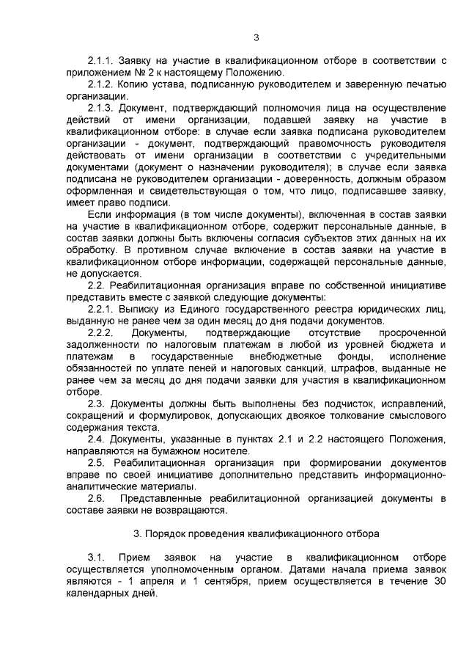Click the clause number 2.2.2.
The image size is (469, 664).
point(99,333)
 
